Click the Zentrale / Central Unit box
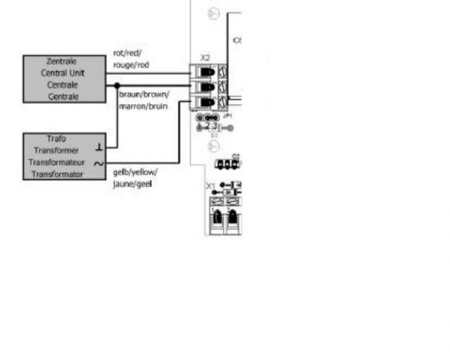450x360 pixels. tap(64, 79)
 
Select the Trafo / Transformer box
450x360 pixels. tap(64, 156)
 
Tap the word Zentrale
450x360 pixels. tap(62, 61)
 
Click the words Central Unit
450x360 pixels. tap(62, 73)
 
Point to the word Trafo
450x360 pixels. tap(57, 138)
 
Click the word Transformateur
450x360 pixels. tap(58, 163)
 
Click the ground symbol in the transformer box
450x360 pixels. tap(99, 147)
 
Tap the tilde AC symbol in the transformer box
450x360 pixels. tap(98, 164)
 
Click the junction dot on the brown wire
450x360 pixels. tap(117, 85)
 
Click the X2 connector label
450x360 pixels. tap(205, 57)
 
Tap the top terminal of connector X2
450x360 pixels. tap(209, 71)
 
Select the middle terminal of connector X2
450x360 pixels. tap(209, 87)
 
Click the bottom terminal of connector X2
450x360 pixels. tap(209, 102)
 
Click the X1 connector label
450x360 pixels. tap(210, 186)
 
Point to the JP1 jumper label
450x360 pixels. tap(227, 115)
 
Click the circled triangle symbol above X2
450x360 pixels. tap(214, 13)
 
